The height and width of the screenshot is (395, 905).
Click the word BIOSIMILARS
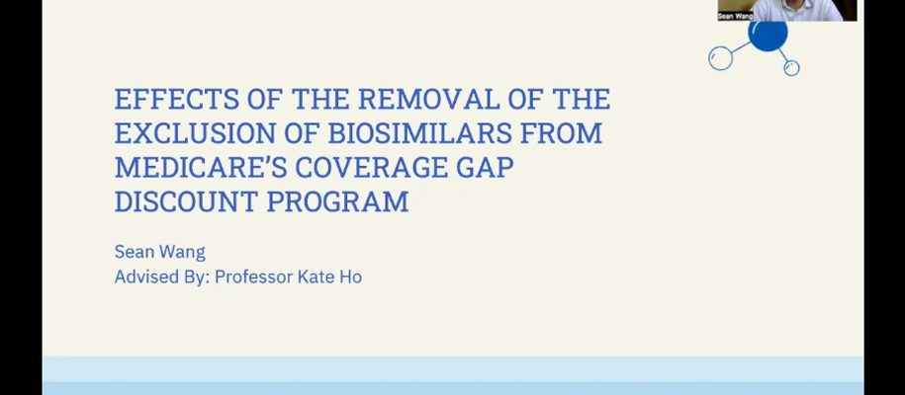tap(419, 133)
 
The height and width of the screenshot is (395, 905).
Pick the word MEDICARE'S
tap(201, 167)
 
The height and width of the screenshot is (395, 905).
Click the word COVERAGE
tap(372, 167)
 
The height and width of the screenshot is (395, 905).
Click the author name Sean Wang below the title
tap(160, 252)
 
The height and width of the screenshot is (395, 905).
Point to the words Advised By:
tap(160, 277)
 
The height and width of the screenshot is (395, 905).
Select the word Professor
tap(253, 277)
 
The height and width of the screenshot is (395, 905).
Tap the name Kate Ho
tap(330, 277)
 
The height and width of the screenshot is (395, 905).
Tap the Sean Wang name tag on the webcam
tap(735, 17)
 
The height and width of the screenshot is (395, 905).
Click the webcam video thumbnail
tap(787, 11)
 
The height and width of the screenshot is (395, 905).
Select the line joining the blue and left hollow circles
tap(741, 46)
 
